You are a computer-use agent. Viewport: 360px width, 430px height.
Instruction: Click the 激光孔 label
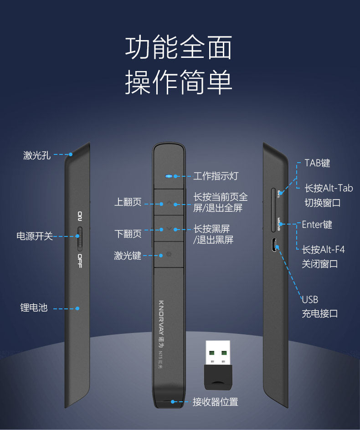[x=37, y=155]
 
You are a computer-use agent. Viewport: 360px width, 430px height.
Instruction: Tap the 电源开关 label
[x=35, y=236]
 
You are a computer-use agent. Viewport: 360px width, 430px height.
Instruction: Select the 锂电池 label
[x=34, y=308]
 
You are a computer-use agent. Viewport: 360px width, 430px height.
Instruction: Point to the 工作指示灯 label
[x=216, y=176]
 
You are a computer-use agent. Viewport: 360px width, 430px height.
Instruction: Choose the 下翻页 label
[x=128, y=234]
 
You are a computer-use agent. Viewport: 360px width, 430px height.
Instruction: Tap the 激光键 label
[x=128, y=256]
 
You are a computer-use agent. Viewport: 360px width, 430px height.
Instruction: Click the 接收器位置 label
[x=215, y=402]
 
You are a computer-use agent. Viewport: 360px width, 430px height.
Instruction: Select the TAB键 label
[x=317, y=163]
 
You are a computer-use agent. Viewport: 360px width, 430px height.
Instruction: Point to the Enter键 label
[x=317, y=225]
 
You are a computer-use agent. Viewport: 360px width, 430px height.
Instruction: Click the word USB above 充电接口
[x=310, y=300]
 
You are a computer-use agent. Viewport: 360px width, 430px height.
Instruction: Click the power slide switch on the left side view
[x=80, y=238]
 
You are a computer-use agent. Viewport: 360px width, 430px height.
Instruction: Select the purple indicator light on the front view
[x=169, y=176]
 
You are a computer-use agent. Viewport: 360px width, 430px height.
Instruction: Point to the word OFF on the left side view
[x=80, y=261]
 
